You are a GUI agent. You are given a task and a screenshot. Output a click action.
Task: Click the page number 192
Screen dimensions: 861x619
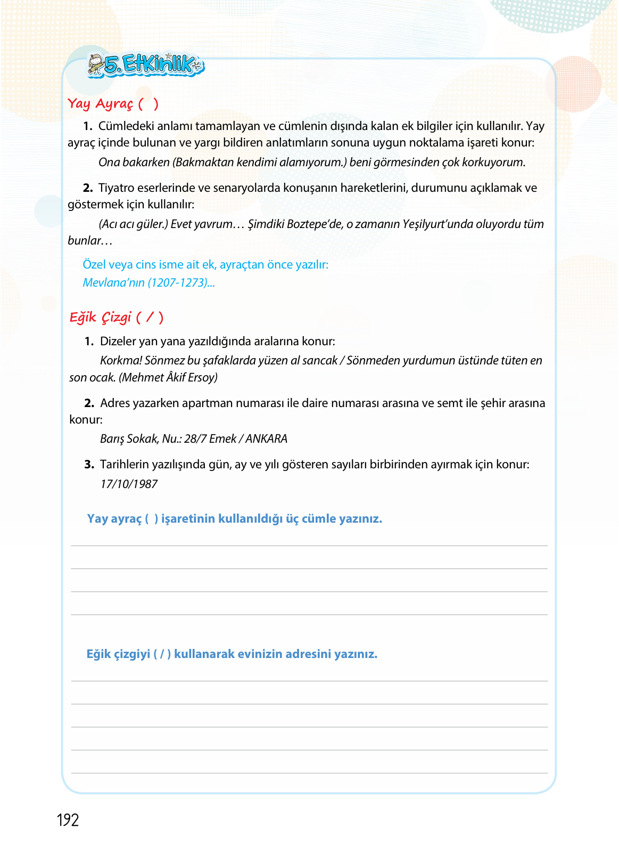(x=68, y=820)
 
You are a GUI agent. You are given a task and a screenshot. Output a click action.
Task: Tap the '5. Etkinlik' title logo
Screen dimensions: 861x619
(x=146, y=65)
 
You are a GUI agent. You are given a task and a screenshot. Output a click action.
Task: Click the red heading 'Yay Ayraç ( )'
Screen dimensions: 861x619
(x=113, y=103)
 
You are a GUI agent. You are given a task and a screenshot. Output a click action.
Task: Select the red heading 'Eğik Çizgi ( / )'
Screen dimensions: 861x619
(x=116, y=318)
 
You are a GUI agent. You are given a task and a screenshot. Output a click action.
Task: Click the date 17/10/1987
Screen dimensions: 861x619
(x=129, y=484)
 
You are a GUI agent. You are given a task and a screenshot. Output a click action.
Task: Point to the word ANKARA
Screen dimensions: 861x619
(x=266, y=439)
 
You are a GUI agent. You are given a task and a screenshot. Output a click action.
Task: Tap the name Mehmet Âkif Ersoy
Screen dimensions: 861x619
(x=168, y=378)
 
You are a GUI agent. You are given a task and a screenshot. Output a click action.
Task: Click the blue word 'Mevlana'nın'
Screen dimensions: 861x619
(x=113, y=283)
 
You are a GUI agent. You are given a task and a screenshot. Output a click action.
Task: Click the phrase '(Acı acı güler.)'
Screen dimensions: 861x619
(x=133, y=224)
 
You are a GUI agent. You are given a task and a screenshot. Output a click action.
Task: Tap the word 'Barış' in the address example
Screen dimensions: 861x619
(x=112, y=439)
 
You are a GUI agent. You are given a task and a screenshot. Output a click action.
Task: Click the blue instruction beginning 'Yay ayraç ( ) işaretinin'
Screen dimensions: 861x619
(x=234, y=519)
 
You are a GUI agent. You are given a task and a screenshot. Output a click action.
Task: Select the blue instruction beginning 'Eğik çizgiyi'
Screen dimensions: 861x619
(x=232, y=654)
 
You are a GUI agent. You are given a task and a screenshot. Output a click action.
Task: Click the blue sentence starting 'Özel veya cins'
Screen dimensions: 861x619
(x=205, y=265)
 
